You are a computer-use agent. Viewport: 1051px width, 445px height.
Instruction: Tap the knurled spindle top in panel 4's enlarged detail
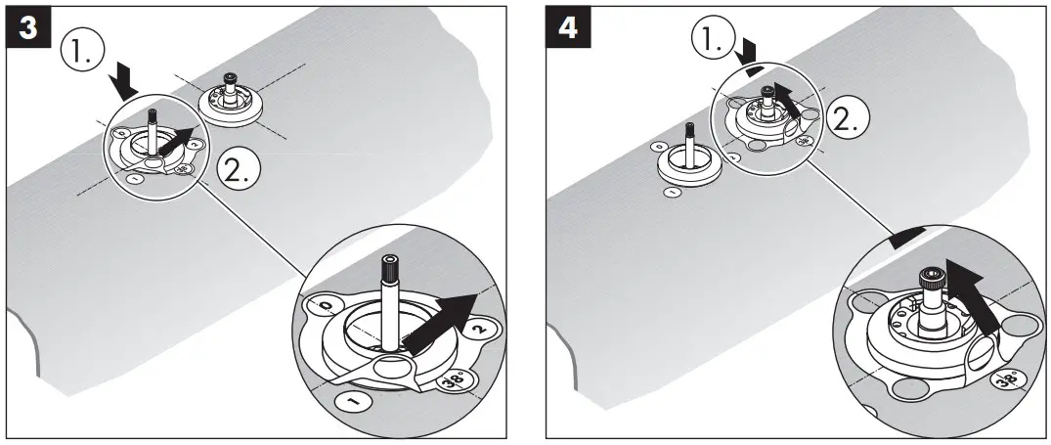pos(933,279)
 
